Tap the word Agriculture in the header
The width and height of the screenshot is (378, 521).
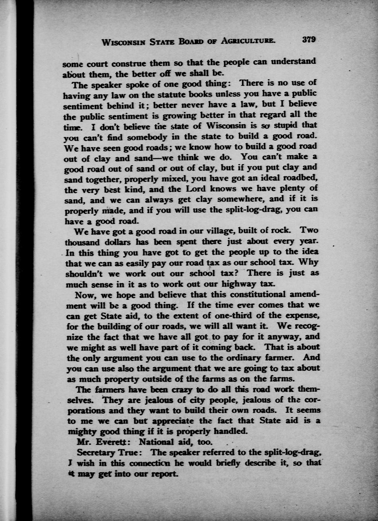coord(246,41)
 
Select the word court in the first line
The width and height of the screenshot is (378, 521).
coord(93,62)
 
